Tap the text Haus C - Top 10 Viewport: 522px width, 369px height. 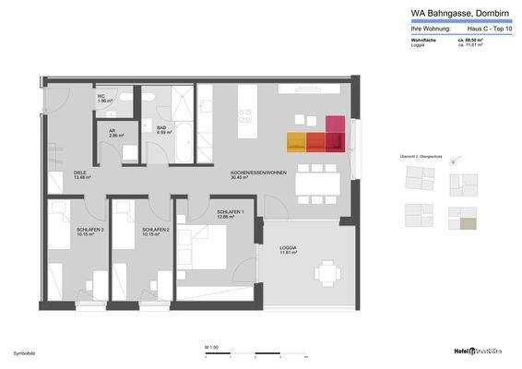(x=490, y=30)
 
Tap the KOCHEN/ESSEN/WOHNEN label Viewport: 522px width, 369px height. (x=258, y=175)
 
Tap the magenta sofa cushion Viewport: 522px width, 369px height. (x=334, y=124)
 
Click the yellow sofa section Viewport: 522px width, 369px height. (x=295, y=141)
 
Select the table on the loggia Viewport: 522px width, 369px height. (x=327, y=272)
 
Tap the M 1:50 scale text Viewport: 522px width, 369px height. (x=211, y=346)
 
